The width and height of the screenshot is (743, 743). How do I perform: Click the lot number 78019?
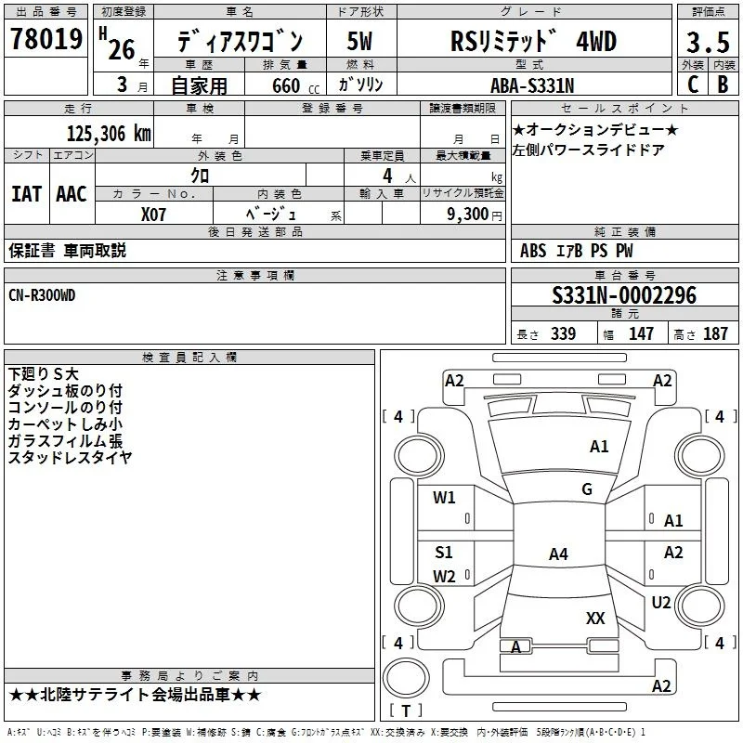(x=46, y=39)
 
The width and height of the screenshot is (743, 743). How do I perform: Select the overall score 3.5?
(x=708, y=42)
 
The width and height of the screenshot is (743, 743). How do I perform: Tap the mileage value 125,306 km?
(x=109, y=134)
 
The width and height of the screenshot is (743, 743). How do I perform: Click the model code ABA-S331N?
(x=532, y=85)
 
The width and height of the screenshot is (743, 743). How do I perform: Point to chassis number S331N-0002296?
(x=624, y=295)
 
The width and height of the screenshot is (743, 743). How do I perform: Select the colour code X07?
(x=153, y=215)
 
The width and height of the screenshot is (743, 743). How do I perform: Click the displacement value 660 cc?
(x=295, y=86)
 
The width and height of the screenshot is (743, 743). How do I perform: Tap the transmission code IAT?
(x=27, y=194)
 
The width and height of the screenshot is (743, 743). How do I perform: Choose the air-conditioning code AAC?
(x=72, y=194)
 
